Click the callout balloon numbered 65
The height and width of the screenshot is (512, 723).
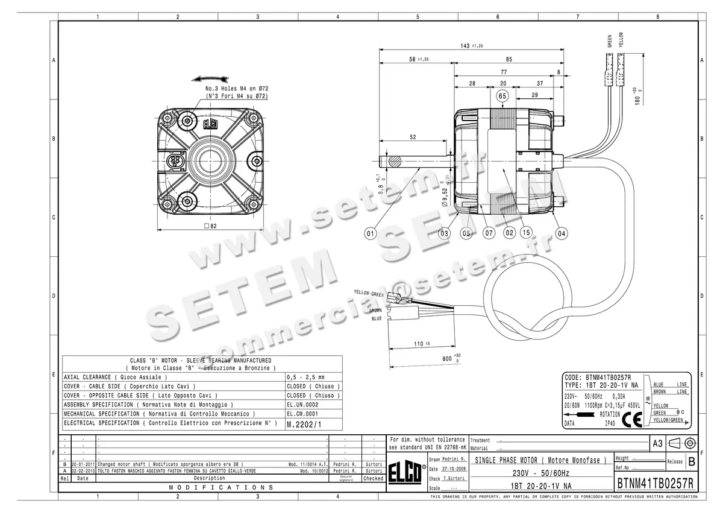(502, 95)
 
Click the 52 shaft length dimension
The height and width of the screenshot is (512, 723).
(413, 137)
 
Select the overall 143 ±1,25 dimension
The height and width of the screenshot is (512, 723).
(472, 46)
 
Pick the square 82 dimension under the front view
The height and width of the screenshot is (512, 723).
(210, 226)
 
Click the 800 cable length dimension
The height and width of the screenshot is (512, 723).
(447, 358)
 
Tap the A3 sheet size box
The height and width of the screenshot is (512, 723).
(657, 443)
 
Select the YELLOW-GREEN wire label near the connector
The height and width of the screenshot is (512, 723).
(369, 293)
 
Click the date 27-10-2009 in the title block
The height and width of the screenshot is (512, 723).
(454, 469)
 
